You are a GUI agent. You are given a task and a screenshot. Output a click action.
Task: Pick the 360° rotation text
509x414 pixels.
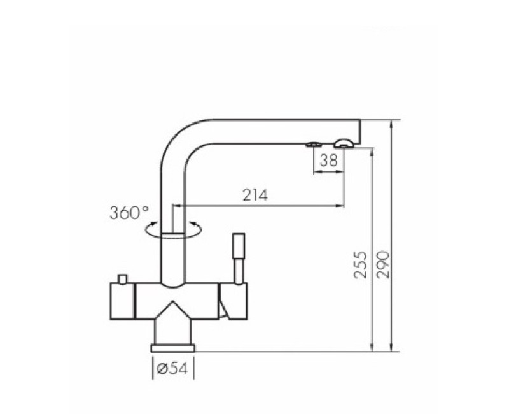(129, 212)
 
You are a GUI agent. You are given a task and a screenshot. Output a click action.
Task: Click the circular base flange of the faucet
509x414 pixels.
(172, 347)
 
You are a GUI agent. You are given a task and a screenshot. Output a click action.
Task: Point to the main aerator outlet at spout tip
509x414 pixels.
(344, 143)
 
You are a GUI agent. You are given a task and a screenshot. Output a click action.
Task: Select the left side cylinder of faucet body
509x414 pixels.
(122, 303)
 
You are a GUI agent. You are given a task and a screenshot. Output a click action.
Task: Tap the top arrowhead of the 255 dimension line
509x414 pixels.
(370, 150)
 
